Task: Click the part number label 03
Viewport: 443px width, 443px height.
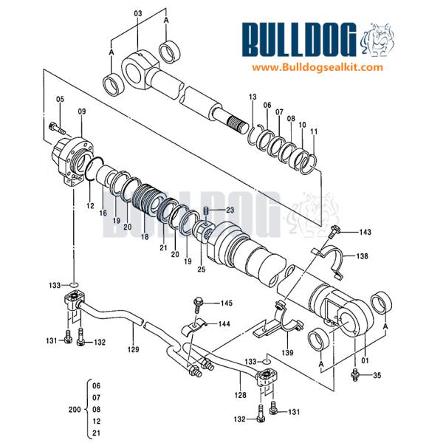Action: pos(137,14)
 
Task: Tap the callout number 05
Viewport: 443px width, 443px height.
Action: pos(59,100)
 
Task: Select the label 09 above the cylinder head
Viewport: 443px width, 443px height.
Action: pos(81,111)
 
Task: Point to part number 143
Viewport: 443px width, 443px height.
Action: pos(365,233)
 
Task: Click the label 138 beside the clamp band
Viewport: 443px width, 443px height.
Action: pos(363,256)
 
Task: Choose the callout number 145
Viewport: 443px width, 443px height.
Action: pos(225,303)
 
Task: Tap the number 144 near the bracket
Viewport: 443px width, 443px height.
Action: pos(224,323)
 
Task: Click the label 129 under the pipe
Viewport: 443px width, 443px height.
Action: pos(133,348)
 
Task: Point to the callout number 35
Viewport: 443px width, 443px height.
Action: pos(377,377)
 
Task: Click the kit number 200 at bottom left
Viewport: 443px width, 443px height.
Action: pos(74,408)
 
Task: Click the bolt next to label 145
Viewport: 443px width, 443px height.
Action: pos(199,303)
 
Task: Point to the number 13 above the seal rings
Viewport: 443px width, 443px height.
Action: pos(252,97)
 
